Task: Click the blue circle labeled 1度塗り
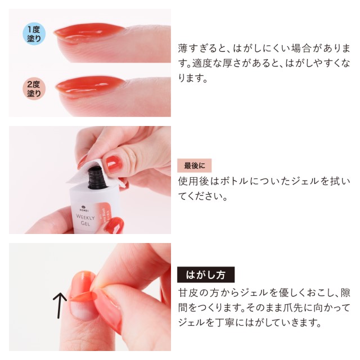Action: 34,34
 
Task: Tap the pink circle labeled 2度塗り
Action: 34,89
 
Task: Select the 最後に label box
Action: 194,165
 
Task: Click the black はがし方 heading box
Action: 206,274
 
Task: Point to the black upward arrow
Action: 59,305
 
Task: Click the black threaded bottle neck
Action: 98,178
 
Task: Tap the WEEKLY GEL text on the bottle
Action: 85,220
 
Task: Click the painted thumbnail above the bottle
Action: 114,164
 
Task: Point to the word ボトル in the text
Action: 234,181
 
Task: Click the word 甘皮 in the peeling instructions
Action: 188,293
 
